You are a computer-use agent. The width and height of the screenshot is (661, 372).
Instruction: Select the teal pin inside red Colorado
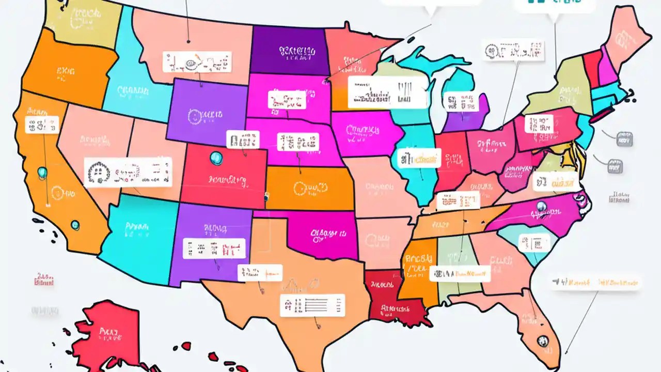click(215, 158)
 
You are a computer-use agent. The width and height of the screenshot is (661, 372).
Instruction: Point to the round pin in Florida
click(542, 341)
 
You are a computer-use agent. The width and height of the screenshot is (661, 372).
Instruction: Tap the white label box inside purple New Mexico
click(214, 249)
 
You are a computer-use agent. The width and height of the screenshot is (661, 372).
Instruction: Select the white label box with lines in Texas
click(312, 305)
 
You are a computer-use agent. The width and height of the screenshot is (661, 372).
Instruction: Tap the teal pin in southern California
click(75, 225)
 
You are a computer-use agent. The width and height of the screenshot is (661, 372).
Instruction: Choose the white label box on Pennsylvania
click(539, 123)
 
